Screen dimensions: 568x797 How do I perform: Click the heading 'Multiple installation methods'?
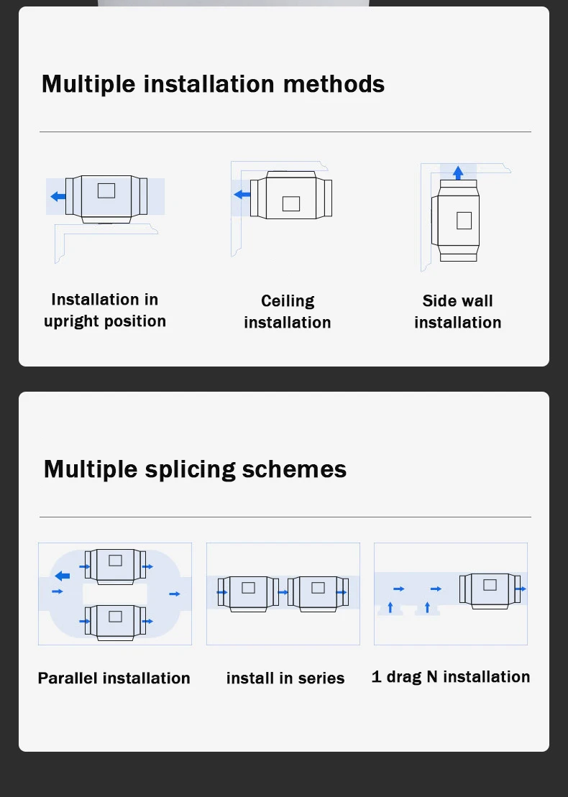pyautogui.click(x=213, y=84)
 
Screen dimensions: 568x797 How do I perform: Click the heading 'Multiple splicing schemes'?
pyautogui.click(x=196, y=469)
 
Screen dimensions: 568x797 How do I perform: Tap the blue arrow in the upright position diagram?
pyautogui.click(x=58, y=196)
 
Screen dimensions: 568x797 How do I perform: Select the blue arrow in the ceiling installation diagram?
pyautogui.click(x=242, y=194)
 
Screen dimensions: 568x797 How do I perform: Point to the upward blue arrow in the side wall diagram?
pyautogui.click(x=458, y=172)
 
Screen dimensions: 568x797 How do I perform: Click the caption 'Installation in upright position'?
pyautogui.click(x=105, y=310)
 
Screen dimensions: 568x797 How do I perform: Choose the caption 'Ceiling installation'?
pyautogui.click(x=288, y=312)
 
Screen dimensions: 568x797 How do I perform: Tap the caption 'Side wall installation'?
pyautogui.click(x=458, y=312)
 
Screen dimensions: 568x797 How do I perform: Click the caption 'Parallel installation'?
pyautogui.click(x=114, y=678)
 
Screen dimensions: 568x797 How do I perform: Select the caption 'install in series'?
pyautogui.click(x=285, y=678)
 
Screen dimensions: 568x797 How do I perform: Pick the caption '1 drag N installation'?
pyautogui.click(x=451, y=677)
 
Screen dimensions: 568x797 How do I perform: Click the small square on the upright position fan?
pyautogui.click(x=106, y=190)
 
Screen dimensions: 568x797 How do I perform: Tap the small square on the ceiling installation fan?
pyautogui.click(x=291, y=203)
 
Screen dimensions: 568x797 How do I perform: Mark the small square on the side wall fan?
pyautogui.click(x=464, y=221)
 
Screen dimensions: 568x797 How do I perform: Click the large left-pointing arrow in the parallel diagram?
pyautogui.click(x=62, y=576)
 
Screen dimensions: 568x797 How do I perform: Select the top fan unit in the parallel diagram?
pyautogui.click(x=116, y=566)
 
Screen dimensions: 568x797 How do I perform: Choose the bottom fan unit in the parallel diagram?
pyautogui.click(x=116, y=622)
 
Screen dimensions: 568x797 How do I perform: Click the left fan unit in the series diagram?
pyautogui.click(x=248, y=593)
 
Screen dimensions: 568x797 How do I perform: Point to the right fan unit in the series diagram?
pyautogui.click(x=319, y=593)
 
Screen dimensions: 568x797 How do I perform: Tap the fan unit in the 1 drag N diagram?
pyautogui.click(x=490, y=591)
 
